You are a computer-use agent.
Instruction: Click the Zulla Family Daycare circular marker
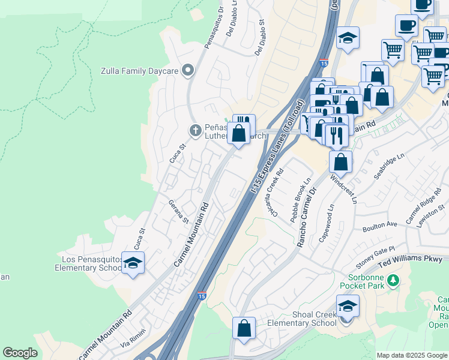click(x=188, y=71)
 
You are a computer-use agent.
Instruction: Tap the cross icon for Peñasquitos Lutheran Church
click(x=195, y=130)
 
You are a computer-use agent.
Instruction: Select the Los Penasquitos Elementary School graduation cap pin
click(x=133, y=263)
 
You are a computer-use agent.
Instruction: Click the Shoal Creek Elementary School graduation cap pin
click(x=348, y=306)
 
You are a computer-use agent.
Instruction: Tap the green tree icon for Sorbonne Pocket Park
click(x=394, y=280)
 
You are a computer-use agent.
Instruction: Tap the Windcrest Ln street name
click(x=344, y=188)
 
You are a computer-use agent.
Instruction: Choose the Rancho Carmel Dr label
click(x=306, y=218)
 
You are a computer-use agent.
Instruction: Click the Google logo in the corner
click(x=20, y=353)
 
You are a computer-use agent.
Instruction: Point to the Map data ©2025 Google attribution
click(x=411, y=355)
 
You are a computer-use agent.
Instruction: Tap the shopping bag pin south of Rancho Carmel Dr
click(x=244, y=328)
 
